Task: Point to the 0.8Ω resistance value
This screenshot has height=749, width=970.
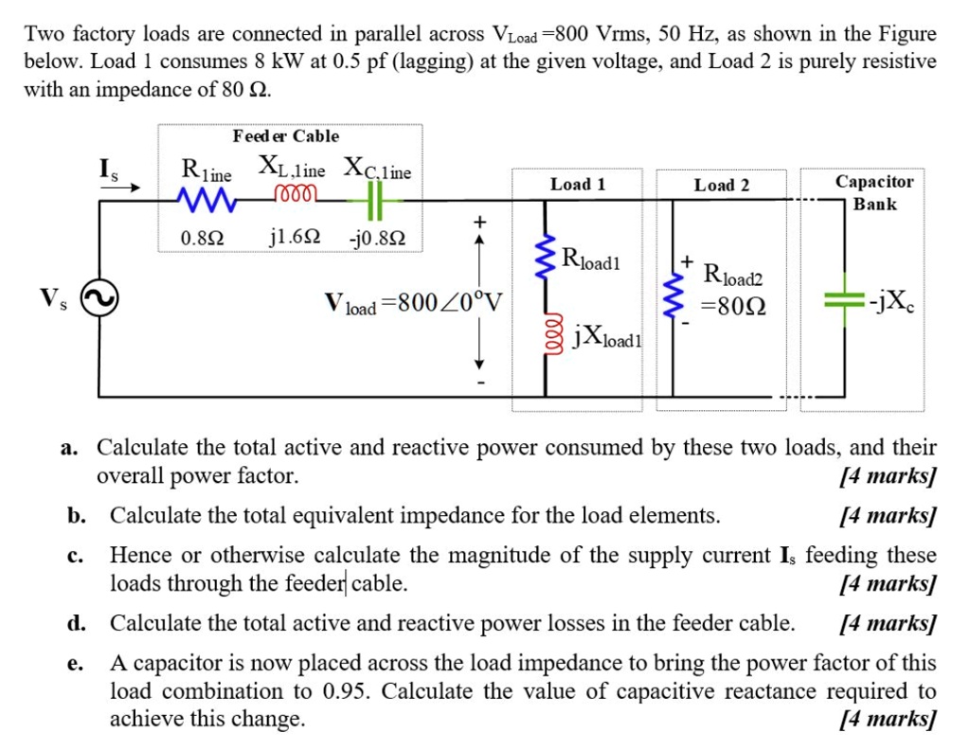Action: point(203,237)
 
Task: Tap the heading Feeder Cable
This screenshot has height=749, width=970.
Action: point(285,136)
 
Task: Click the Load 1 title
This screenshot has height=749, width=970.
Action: point(577,185)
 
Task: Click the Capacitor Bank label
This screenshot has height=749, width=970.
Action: point(873,192)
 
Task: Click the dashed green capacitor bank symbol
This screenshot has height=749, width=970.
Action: point(843,300)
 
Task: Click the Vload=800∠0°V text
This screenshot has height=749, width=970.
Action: point(413,305)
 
